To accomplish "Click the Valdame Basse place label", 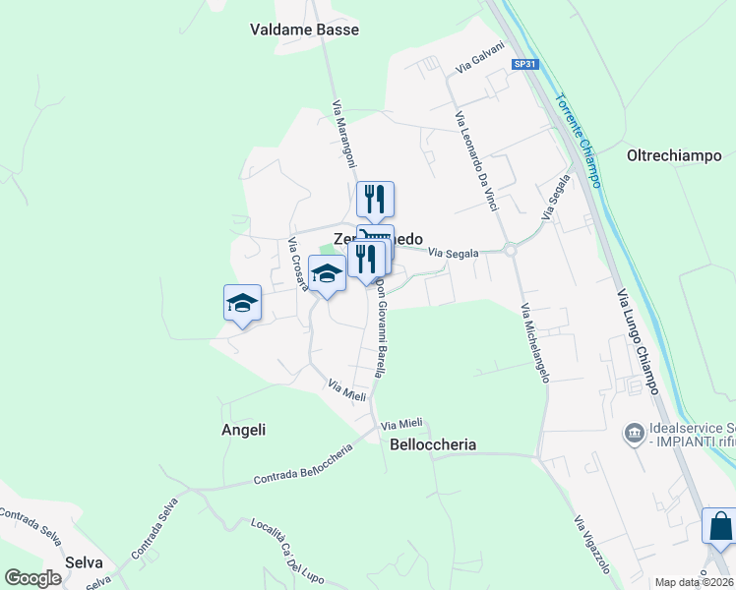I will tap(304, 29).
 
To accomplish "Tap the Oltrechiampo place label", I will tap(674, 155).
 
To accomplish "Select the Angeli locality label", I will tap(245, 430).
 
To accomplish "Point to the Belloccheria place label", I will tap(433, 444).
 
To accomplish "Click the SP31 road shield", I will tap(525, 64).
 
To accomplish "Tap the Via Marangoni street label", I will tap(343, 134).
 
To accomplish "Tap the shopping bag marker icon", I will tap(719, 526).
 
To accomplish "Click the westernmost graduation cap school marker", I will tap(242, 303).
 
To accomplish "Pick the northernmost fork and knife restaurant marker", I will tap(375, 199).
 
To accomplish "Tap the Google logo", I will tap(33, 578).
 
